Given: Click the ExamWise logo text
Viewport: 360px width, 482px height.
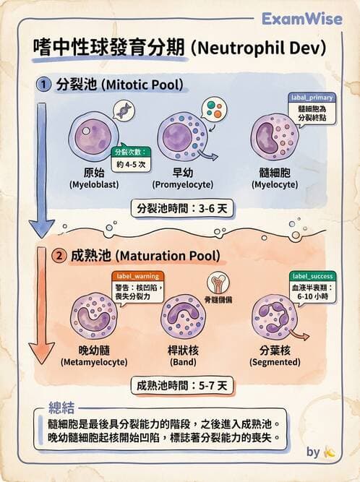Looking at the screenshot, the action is [302, 19].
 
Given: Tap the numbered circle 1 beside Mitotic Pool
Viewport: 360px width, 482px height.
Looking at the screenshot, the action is [43, 85].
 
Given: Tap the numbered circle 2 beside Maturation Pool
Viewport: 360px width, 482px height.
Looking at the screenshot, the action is [59, 256].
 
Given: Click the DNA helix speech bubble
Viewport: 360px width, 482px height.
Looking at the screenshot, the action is [124, 110].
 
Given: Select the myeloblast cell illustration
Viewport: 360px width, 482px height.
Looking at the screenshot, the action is [93, 136].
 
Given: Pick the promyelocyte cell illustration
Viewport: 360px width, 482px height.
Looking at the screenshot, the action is [183, 136].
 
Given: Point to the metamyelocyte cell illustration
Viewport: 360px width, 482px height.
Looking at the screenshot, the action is [94, 317].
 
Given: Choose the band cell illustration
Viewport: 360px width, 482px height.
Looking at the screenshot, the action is [183, 317].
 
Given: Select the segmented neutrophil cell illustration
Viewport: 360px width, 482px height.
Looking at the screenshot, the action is [274, 317].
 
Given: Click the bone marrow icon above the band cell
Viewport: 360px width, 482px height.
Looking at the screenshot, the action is [218, 283].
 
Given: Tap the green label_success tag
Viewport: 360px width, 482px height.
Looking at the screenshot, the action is [313, 276].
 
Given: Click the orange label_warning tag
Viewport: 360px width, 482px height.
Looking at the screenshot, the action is [138, 276].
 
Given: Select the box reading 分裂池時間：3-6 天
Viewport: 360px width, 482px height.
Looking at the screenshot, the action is [182, 209].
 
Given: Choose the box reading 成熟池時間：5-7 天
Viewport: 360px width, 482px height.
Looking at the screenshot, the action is [182, 385].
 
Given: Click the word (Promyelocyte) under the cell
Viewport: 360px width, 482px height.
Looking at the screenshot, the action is [183, 185].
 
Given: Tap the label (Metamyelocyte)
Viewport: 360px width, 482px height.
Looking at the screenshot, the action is [94, 362].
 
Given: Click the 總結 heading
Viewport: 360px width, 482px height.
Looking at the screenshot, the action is [61, 408].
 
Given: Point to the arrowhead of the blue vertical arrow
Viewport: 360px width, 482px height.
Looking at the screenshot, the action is [41, 229].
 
